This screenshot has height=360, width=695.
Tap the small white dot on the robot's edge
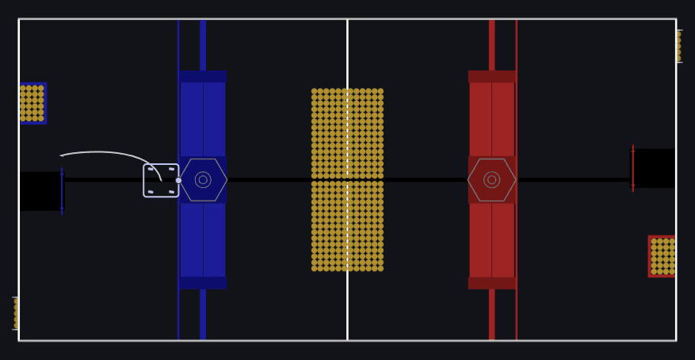pyautogui.click(x=178, y=180)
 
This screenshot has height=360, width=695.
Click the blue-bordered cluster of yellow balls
pyautogui.click(x=32, y=103)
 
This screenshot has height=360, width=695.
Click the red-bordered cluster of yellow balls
pyautogui.click(x=662, y=256)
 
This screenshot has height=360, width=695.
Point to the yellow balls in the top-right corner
pyautogui.click(x=678, y=46)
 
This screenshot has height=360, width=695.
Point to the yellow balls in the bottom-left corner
pyautogui.click(x=16, y=313)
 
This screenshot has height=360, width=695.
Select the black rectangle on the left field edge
pyautogui.click(x=40, y=191)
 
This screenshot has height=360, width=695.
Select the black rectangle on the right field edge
pyautogui.click(x=654, y=168)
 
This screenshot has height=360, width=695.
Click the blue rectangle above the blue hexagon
pyautogui.click(x=203, y=119)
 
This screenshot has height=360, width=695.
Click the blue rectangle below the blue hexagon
pyautogui.click(x=203, y=239)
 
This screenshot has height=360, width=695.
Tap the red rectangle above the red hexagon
pyautogui.click(x=491, y=119)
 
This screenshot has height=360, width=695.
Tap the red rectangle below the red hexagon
pyautogui.click(x=491, y=239)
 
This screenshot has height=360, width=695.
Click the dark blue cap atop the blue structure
pyautogui.click(x=203, y=76)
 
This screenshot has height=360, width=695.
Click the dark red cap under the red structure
pyautogui.click(x=491, y=283)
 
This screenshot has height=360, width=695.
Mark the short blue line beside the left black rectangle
pyautogui.click(x=62, y=191)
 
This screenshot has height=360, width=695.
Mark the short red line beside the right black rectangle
pyautogui.click(x=632, y=168)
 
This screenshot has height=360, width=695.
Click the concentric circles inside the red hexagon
pyautogui.click(x=491, y=180)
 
